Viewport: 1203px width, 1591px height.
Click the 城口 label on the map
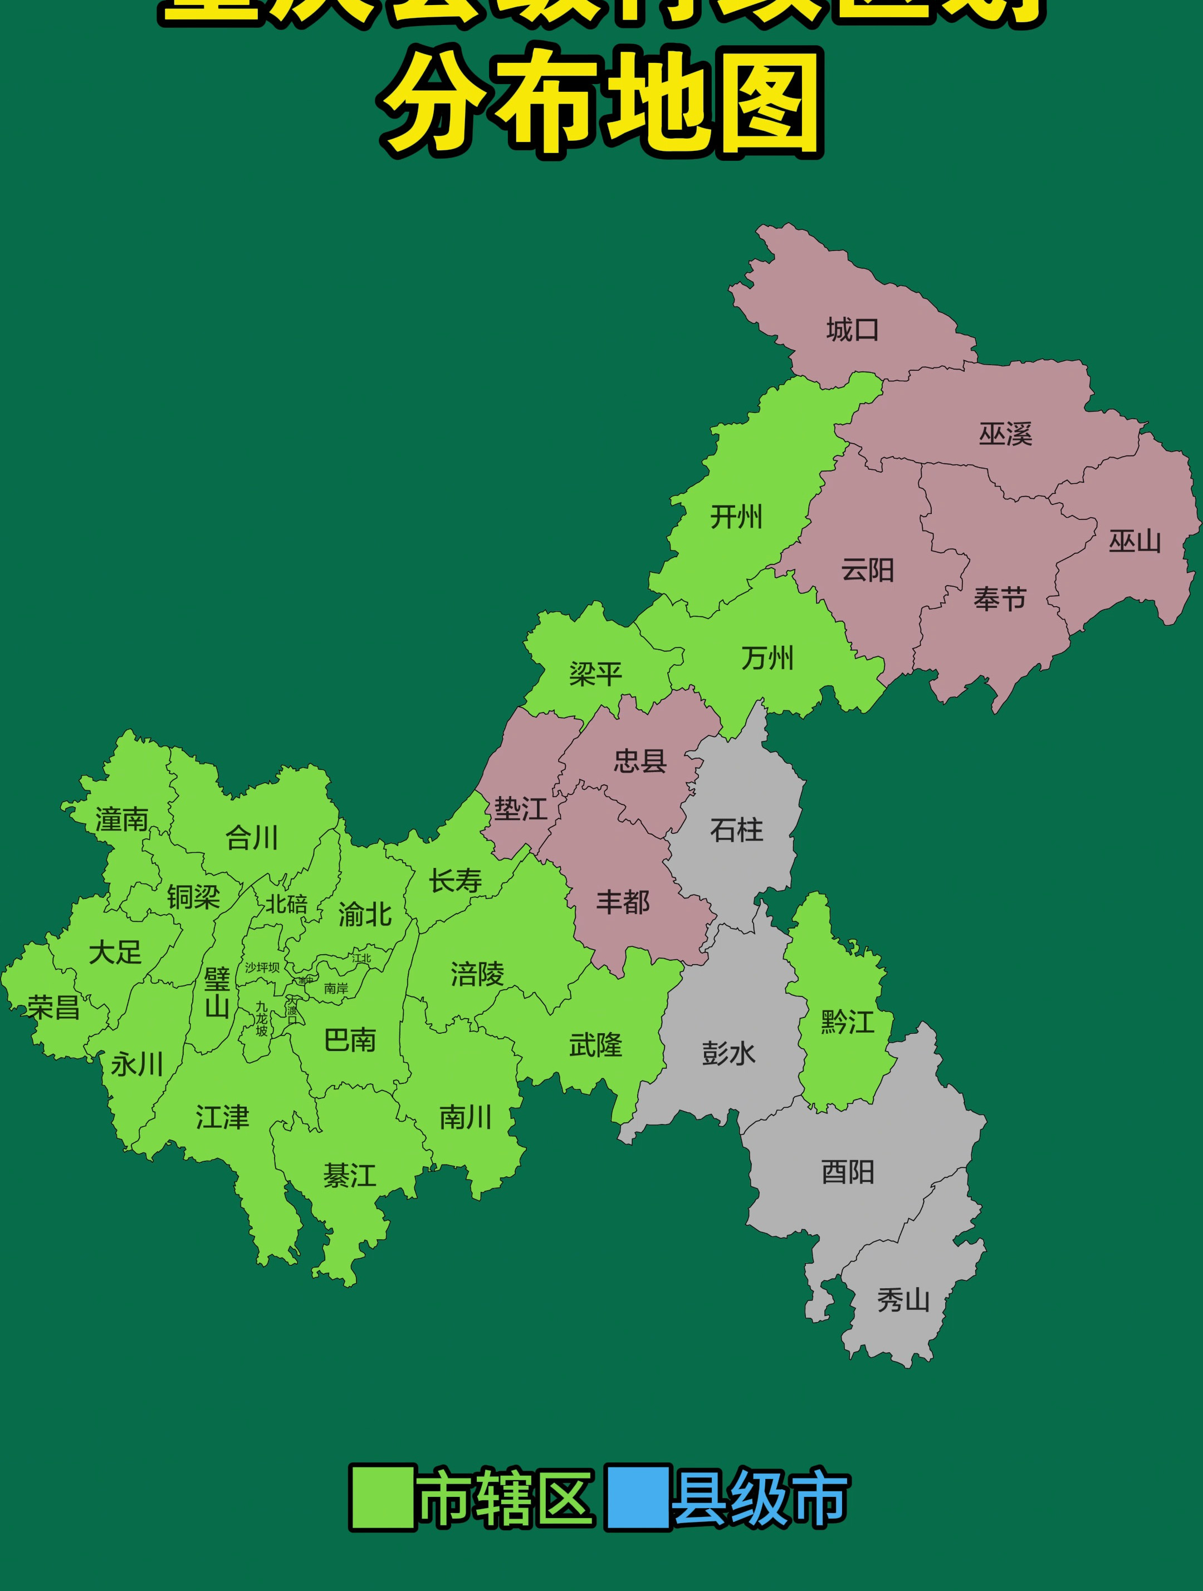[x=853, y=330]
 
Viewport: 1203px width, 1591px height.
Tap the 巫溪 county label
[x=1005, y=434]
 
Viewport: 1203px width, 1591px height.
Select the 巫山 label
[x=1134, y=541]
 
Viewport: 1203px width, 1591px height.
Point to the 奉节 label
[x=999, y=598]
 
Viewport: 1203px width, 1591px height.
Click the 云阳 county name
[x=868, y=571]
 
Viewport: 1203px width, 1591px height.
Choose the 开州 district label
[x=736, y=517]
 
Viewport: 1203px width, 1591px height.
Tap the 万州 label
[x=767, y=658]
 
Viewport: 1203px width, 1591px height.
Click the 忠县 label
[x=639, y=761]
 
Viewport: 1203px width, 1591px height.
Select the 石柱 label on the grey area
[x=736, y=830]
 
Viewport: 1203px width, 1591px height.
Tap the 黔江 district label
[x=848, y=1022]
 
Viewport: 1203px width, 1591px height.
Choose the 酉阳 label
[x=848, y=1172]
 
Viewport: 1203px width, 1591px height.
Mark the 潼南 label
[x=121, y=820]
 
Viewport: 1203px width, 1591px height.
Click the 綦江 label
[x=350, y=1176]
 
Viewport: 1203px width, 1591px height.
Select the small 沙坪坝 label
[x=262, y=968]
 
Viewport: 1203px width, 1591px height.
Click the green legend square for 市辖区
[x=382, y=1497]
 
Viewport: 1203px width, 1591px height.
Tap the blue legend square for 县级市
[x=638, y=1497]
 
